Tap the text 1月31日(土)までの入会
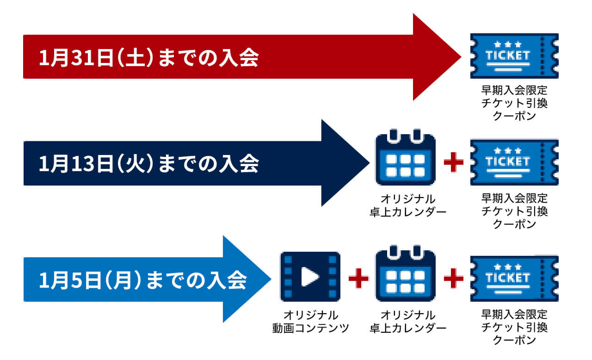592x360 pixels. coord(148,59)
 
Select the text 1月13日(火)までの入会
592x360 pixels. coord(148,164)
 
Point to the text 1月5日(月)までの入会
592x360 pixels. coord(142,280)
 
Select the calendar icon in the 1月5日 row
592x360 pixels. coord(405,275)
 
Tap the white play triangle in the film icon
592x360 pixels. coord(309,277)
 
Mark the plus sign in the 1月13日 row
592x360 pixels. coord(453,163)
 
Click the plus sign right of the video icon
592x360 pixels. coord(358,278)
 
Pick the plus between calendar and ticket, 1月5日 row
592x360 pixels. coord(453,278)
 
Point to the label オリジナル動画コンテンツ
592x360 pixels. coord(310,322)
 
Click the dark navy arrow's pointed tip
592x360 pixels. coord(368,163)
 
